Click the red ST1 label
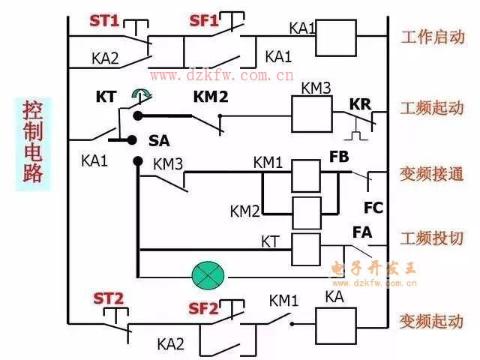pos(104,21)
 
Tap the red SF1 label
pos(203,21)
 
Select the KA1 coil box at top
pos(334,38)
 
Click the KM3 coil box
pos(310,115)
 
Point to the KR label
pos(360,104)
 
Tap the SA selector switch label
pos(159,141)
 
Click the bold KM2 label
pos(210,96)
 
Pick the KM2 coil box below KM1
pos(305,212)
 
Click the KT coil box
pos(305,248)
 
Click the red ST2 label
pos(108,298)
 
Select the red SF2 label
pos(203,308)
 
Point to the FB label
pos(339,158)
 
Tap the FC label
pos(373,207)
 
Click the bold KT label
pos(106,97)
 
